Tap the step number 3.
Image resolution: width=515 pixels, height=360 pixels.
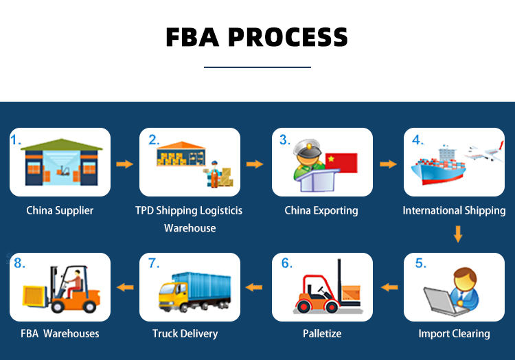(284, 139)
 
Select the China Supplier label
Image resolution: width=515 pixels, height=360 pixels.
(60, 210)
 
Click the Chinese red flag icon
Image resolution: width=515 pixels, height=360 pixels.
(341, 163)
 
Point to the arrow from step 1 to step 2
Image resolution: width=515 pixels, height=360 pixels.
(124, 164)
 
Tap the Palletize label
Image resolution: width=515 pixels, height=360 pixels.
(322, 334)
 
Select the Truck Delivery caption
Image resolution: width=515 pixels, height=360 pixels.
(185, 334)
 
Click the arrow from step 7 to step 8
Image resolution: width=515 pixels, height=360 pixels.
(124, 286)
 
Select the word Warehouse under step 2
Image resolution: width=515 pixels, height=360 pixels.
(190, 228)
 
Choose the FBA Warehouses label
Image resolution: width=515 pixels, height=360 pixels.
(60, 334)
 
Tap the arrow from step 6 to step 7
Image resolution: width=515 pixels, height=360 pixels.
(255, 286)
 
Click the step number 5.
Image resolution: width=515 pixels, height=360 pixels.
(420, 263)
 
